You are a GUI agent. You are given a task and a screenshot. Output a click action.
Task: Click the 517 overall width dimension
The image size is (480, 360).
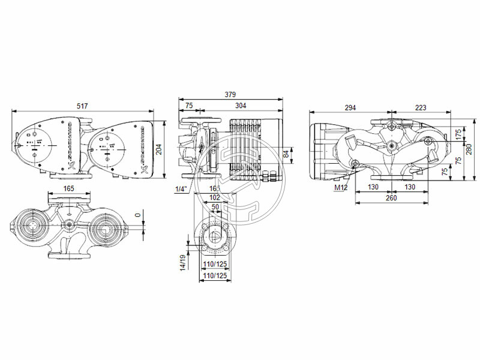coord(82,106)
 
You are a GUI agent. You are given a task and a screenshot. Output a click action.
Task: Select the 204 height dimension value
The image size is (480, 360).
coord(159,150)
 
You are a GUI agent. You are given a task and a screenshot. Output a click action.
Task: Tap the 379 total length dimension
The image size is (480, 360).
coord(230,94)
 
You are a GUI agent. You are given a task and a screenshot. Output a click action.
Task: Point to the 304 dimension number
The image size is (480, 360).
coord(240,106)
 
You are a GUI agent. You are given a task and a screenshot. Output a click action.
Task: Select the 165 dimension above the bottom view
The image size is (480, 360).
coord(68,188)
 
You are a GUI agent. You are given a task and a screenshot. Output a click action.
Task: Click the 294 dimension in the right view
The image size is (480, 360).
coord(350,107)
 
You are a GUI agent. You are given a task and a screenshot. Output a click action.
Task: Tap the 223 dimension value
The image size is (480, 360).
coord(421,107)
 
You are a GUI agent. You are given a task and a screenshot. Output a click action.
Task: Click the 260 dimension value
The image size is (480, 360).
coord(392,198)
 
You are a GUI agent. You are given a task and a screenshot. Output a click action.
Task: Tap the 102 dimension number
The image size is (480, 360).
coord(215,197)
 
